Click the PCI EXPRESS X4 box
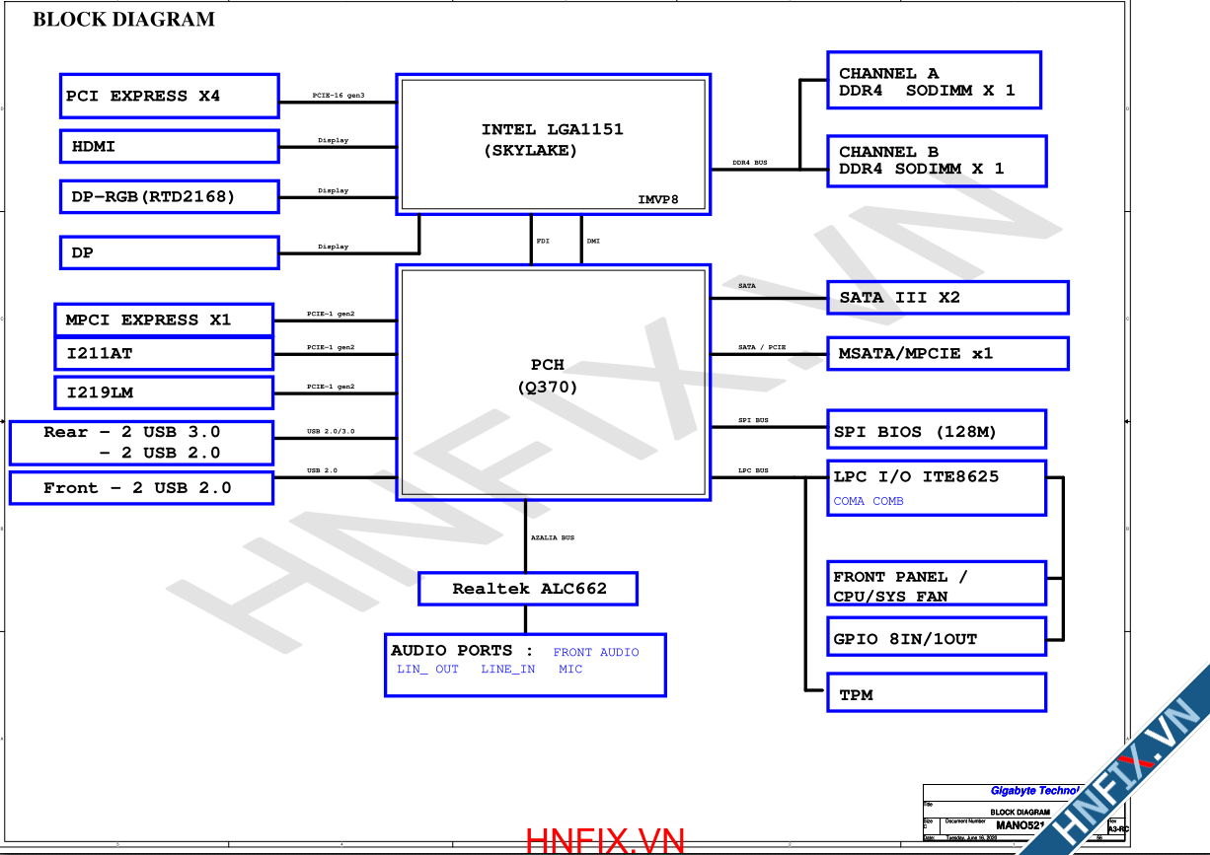click(x=169, y=96)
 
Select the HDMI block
click(x=169, y=146)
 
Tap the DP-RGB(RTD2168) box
click(x=169, y=196)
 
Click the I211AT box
click(x=163, y=353)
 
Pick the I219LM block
click(x=163, y=392)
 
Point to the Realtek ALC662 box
click(x=528, y=589)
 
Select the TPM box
click(x=936, y=693)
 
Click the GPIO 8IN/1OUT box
click(x=936, y=638)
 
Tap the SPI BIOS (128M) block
click(x=936, y=431)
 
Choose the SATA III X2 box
click(x=947, y=297)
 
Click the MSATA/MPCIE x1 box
click(x=947, y=353)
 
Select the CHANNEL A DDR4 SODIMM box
click(x=934, y=81)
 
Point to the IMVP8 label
click(x=658, y=200)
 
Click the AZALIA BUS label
click(x=553, y=537)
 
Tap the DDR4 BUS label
click(x=750, y=162)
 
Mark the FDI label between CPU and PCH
click(x=543, y=241)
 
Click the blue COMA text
click(x=849, y=501)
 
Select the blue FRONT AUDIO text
click(x=596, y=652)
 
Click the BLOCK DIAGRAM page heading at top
click(x=123, y=19)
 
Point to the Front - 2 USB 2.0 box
click(x=141, y=488)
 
